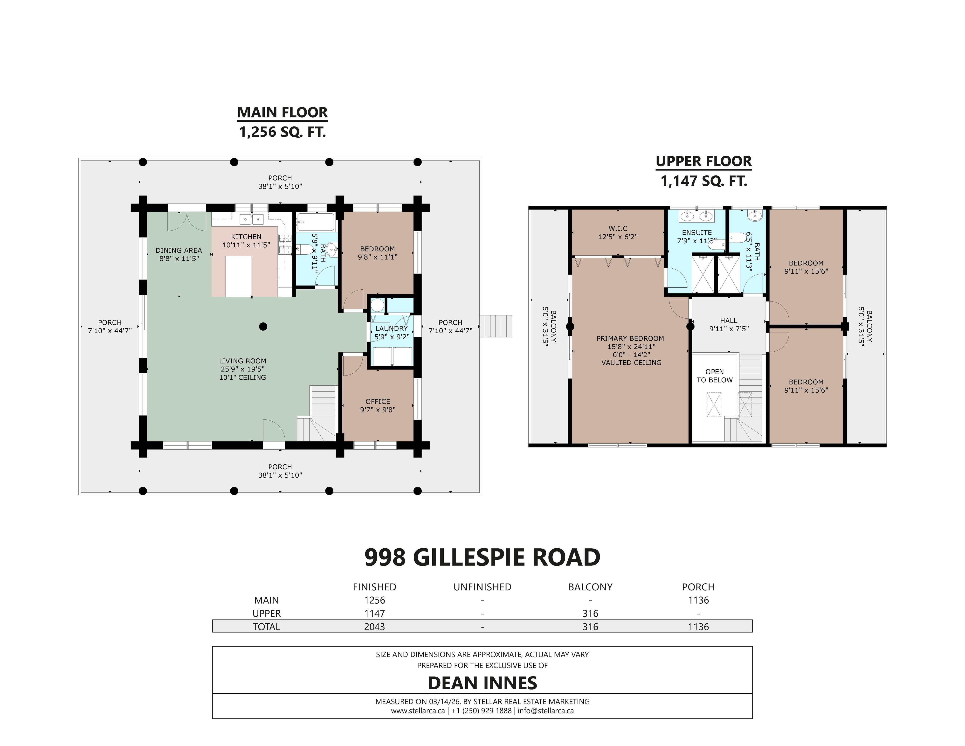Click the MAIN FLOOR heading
tap(282, 113)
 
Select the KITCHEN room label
tap(246, 237)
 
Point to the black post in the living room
tap(263, 327)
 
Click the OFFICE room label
tap(378, 401)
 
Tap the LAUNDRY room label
tap(392, 328)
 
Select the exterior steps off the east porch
tap(496, 326)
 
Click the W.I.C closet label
tap(618, 229)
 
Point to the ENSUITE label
tap(697, 232)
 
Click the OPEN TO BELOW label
tap(715, 376)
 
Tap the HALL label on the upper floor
tap(729, 321)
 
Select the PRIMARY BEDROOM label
tap(630, 339)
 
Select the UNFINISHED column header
tap(482, 587)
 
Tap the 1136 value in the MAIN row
tap(698, 600)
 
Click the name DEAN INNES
tap(482, 683)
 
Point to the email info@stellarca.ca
tap(546, 711)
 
